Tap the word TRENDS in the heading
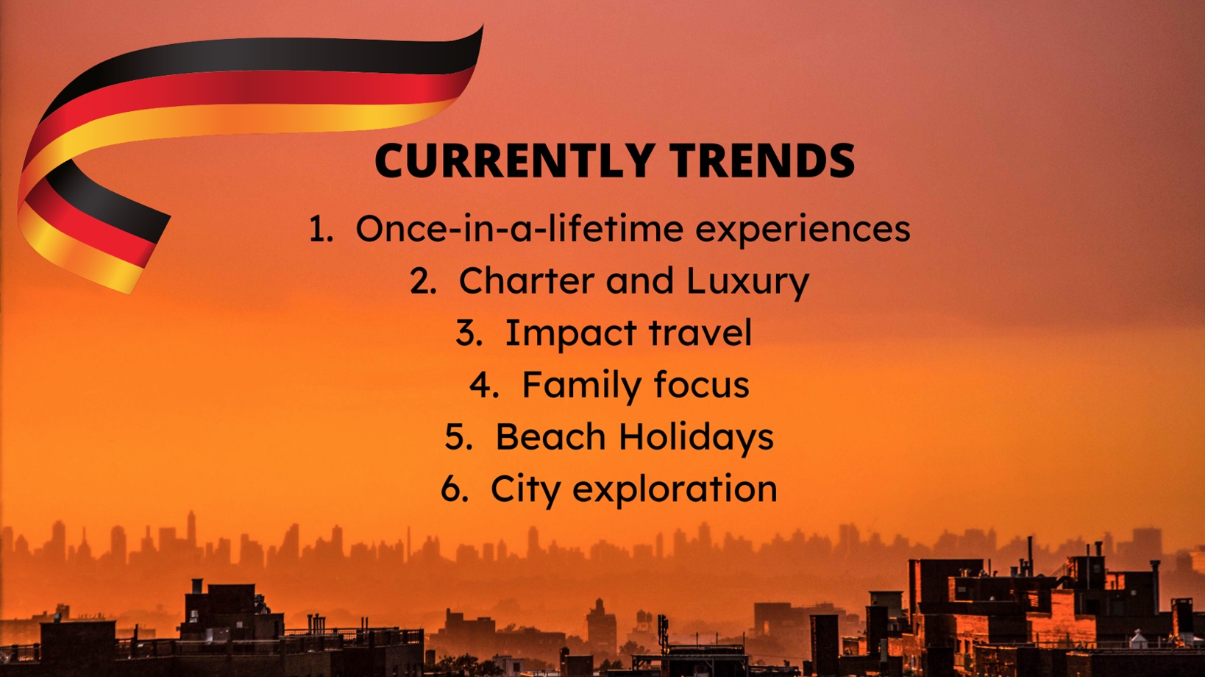761,160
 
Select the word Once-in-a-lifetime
519,228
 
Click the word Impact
571,334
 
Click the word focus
702,385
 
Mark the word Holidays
696,438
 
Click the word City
525,490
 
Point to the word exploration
675,490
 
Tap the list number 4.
484,385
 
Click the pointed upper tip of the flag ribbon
483,25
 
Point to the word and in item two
640,280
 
